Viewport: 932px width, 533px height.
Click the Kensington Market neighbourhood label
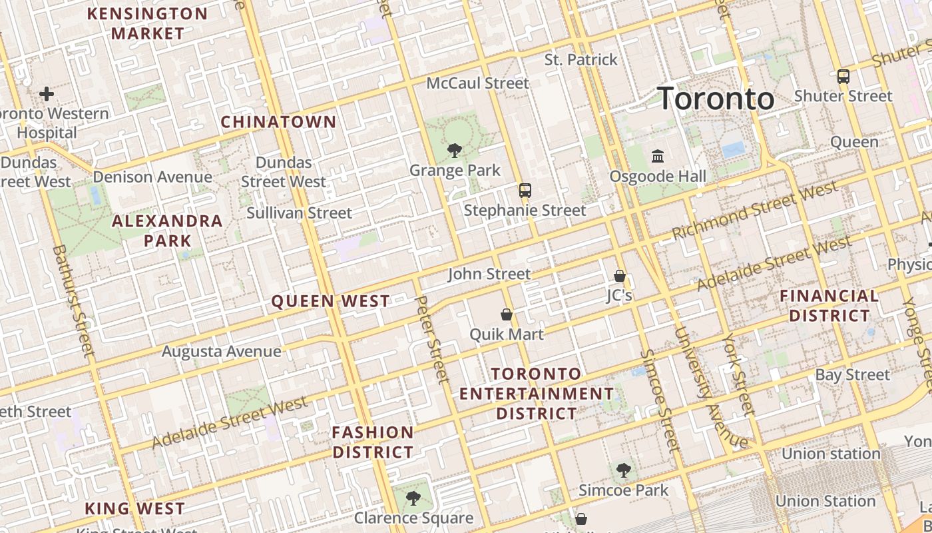click(x=147, y=23)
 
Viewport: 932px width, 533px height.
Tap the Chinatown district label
click(x=278, y=122)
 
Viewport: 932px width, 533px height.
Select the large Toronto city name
click(x=716, y=99)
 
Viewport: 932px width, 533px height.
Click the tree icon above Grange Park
click(x=455, y=151)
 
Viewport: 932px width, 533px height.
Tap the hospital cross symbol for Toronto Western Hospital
click(x=47, y=94)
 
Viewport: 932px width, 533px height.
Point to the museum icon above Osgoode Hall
click(x=658, y=157)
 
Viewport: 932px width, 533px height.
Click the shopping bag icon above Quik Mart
click(x=507, y=314)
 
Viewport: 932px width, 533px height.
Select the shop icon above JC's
click(x=619, y=276)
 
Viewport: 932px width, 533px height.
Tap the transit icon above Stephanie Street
click(x=525, y=191)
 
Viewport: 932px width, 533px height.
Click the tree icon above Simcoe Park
click(x=623, y=471)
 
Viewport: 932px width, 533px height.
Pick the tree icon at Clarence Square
click(x=413, y=498)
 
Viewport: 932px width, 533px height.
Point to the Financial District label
click(x=829, y=306)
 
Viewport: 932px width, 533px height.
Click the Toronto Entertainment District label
click(x=537, y=394)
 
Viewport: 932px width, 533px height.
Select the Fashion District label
click(x=373, y=442)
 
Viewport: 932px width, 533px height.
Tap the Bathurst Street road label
click(x=73, y=300)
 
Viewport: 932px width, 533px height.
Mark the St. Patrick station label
click(x=581, y=60)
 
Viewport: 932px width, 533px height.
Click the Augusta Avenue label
click(x=221, y=351)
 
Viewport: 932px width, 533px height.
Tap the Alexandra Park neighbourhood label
click(x=167, y=231)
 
